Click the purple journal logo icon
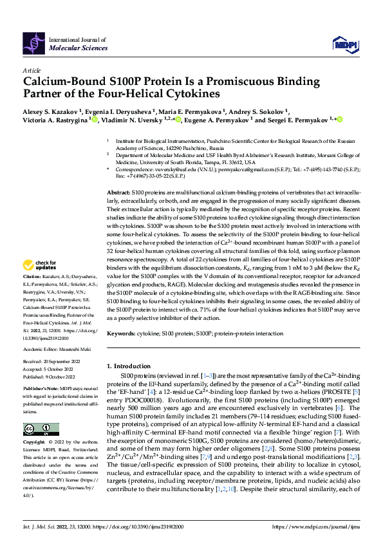pyautogui.click(x=35, y=42)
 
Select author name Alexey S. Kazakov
pyautogui.click(x=48, y=111)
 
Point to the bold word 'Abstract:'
pyautogui.click(x=117, y=175)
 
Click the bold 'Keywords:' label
pyautogui.click(x=121, y=333)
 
